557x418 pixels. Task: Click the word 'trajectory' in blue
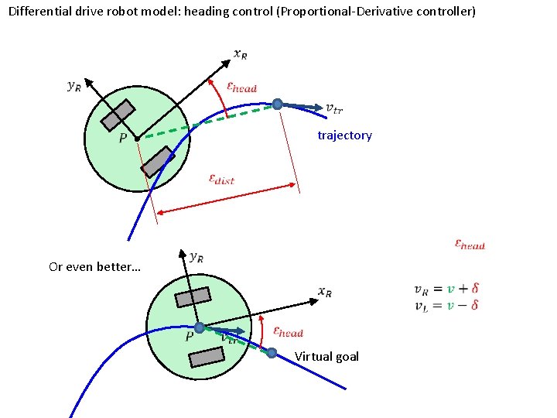coord(344,135)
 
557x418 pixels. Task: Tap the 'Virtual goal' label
coord(326,356)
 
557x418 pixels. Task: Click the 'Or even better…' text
coord(94,267)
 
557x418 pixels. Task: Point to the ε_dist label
coord(221,179)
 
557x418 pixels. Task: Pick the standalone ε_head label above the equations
coord(469,245)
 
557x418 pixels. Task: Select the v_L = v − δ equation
coord(446,305)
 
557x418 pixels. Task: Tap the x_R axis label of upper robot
coord(241,53)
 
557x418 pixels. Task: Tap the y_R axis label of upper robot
coord(73,86)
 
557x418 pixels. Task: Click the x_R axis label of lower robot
coord(325,291)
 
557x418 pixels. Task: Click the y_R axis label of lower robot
coord(196,258)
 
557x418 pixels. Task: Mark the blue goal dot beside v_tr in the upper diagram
coord(277,104)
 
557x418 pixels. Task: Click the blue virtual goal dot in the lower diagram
coord(272,353)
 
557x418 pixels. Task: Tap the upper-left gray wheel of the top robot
coord(118,115)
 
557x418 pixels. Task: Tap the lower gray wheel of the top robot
coord(158,161)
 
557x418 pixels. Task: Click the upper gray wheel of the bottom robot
coord(193,297)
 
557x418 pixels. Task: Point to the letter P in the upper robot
coord(122,139)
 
